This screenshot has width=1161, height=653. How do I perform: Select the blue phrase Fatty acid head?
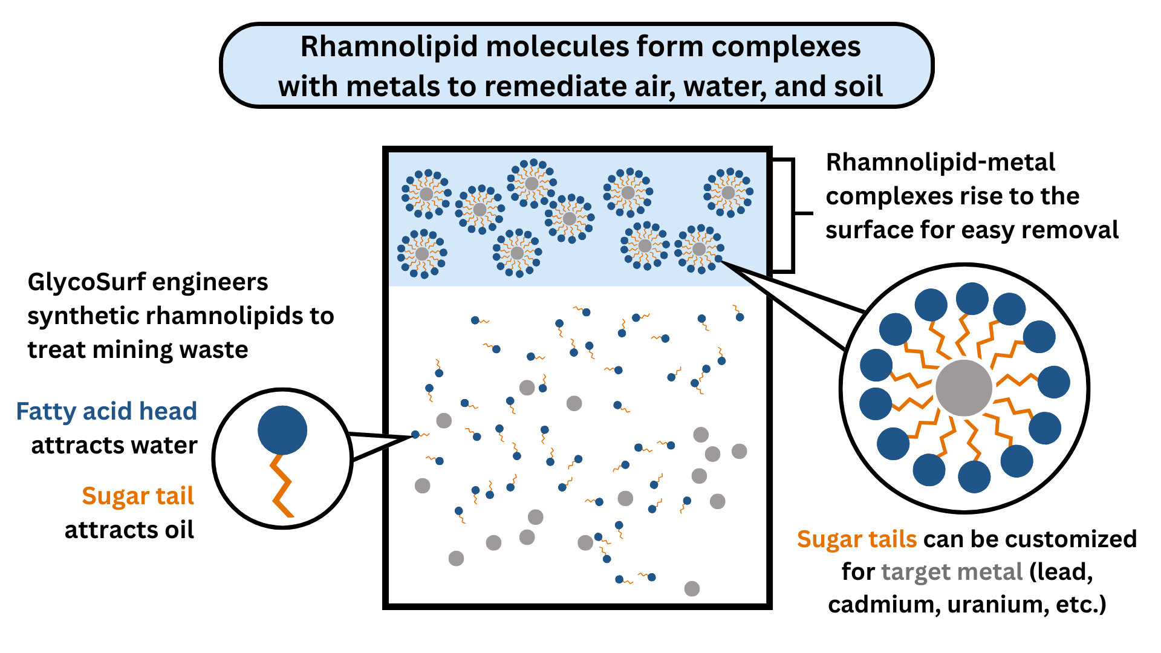(106, 411)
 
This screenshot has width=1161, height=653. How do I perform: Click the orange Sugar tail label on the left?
(138, 496)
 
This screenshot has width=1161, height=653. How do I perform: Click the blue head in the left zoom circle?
(282, 430)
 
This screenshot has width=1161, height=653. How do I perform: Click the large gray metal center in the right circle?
(963, 388)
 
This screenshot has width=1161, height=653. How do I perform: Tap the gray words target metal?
(951, 571)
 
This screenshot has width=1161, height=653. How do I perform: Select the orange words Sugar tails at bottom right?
(857, 539)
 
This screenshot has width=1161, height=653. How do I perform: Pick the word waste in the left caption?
(217, 349)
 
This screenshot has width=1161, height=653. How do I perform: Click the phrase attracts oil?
(129, 530)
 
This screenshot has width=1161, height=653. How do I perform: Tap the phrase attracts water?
(114, 445)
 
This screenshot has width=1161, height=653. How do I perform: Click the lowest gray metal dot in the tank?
(692, 588)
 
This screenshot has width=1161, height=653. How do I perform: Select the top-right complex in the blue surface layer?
(728, 192)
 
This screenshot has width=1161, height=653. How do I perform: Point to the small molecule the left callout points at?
(417, 434)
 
